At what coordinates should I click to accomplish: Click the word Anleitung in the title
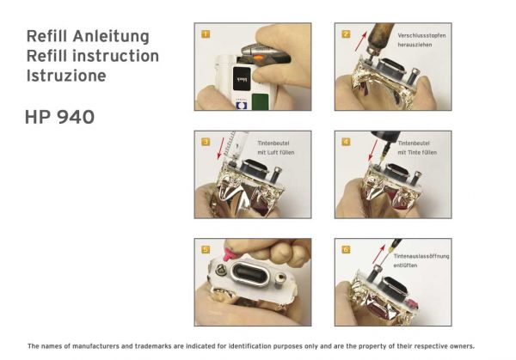tap(111, 36)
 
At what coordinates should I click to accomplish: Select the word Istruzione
tap(66, 76)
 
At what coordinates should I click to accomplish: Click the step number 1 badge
tap(206, 34)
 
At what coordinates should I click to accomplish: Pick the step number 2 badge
tap(346, 34)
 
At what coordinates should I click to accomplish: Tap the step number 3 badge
tap(206, 142)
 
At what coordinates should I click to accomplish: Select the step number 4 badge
tap(346, 142)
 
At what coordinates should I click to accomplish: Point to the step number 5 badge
tap(206, 249)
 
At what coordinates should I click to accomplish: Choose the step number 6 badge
tap(346, 249)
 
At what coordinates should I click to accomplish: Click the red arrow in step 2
tap(360, 41)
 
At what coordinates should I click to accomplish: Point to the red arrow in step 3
tap(221, 149)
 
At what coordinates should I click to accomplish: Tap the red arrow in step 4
tap(373, 149)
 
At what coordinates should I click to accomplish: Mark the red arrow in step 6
tap(378, 253)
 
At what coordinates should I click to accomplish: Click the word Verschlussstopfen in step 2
tap(421, 35)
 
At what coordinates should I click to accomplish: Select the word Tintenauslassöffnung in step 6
tap(421, 256)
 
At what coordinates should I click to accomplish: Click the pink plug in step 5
tap(228, 254)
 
